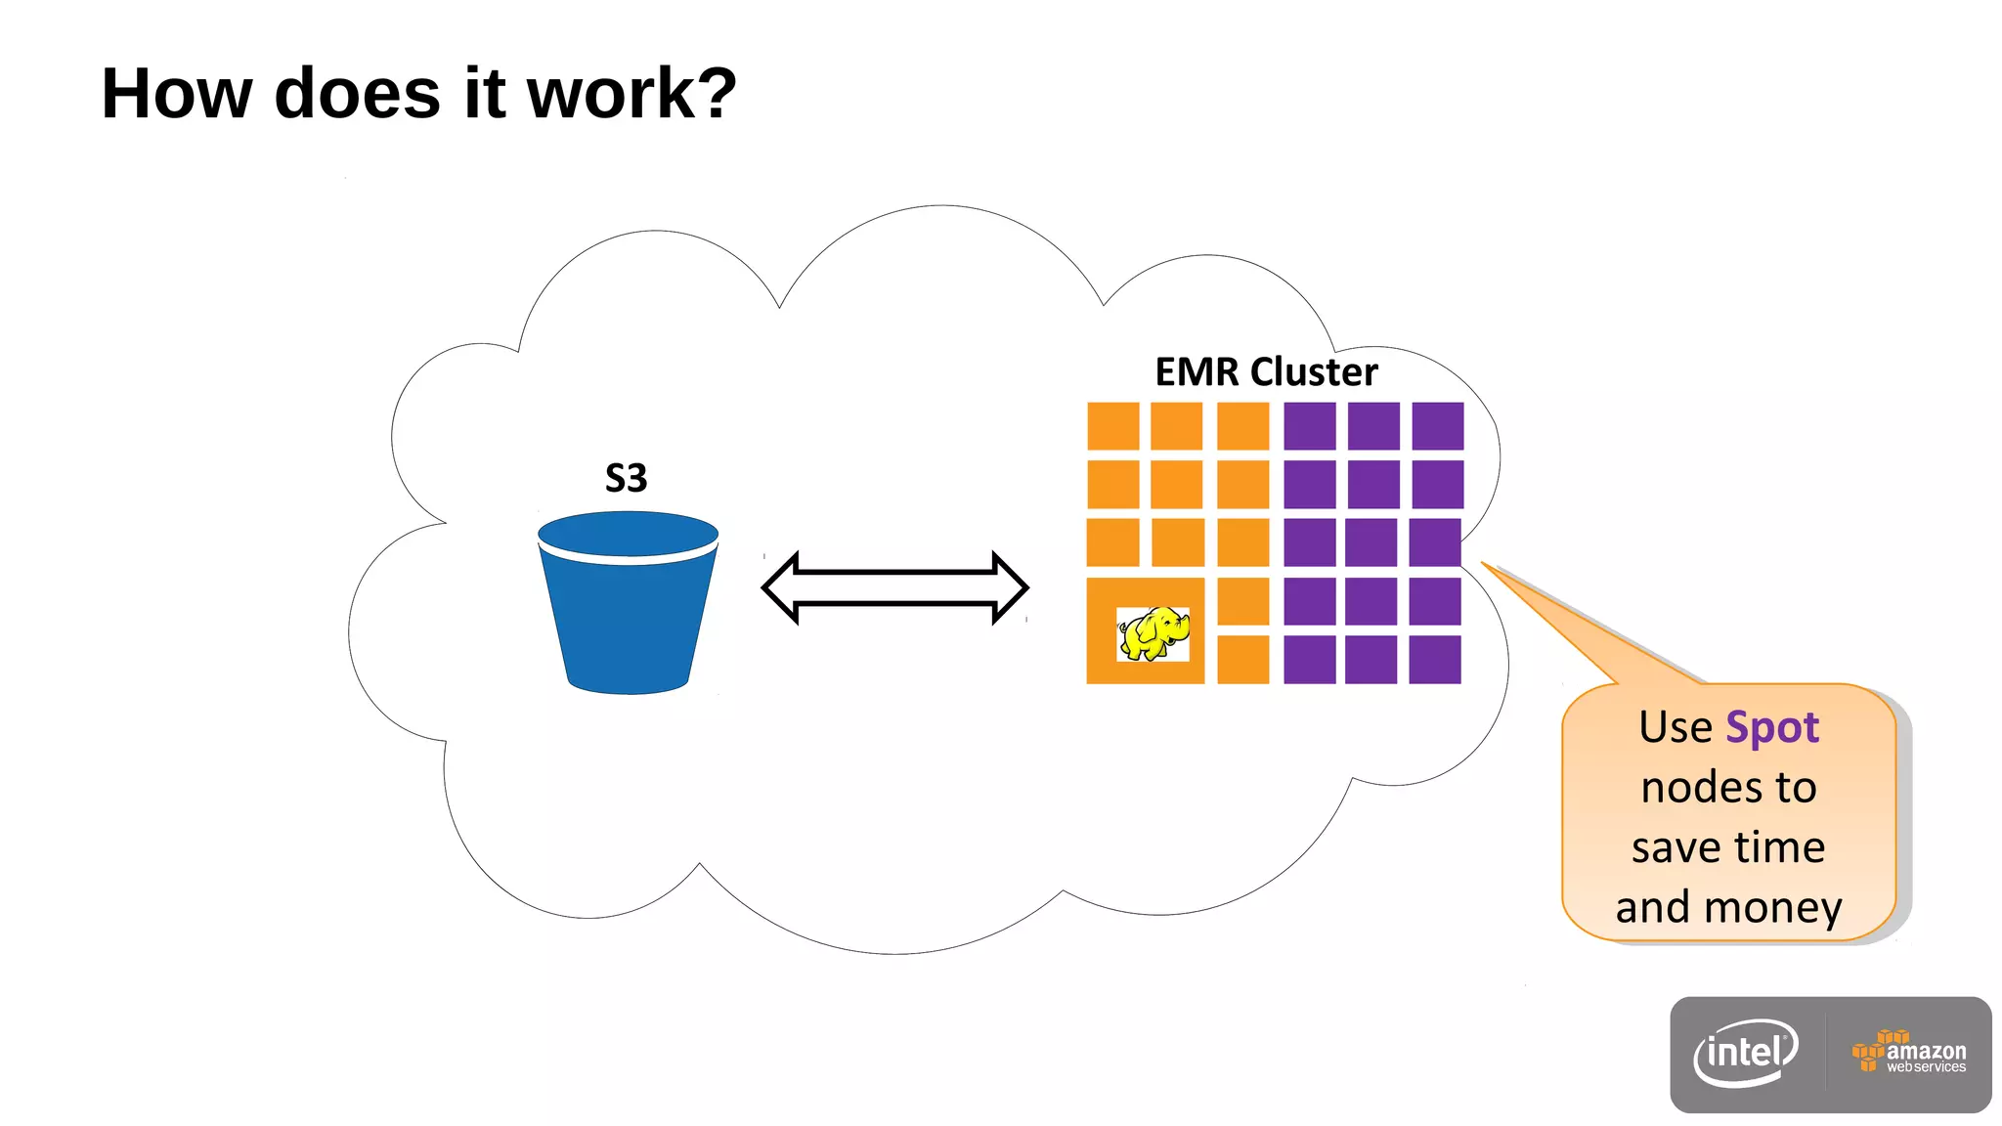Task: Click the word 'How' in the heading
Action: (177, 94)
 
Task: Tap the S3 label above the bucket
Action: (626, 478)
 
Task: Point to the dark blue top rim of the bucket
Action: (628, 534)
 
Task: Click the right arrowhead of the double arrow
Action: (1009, 587)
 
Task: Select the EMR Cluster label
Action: (1266, 372)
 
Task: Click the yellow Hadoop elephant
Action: (1153, 633)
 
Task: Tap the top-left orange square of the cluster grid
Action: (1113, 426)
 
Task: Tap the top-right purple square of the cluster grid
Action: (1437, 426)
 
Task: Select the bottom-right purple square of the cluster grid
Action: (1435, 659)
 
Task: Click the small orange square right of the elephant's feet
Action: (1242, 659)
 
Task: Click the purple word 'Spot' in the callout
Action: (1771, 728)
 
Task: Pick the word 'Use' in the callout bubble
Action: (1676, 728)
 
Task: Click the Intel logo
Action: (1746, 1054)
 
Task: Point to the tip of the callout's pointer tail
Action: (1483, 563)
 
